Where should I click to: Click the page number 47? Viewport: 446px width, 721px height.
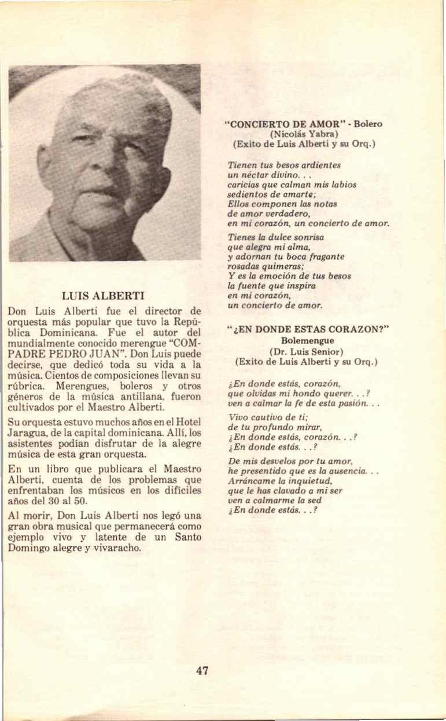coord(202,671)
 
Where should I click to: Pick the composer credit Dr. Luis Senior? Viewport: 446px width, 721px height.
coord(306,352)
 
